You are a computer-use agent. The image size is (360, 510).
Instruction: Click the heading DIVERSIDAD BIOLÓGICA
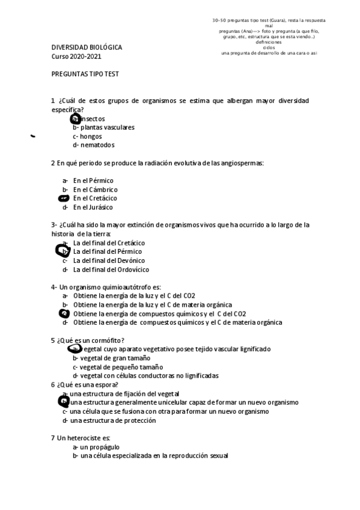click(86, 47)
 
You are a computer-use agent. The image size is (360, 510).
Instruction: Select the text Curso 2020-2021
click(76, 56)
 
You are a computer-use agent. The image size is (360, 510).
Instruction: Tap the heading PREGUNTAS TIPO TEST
click(85, 73)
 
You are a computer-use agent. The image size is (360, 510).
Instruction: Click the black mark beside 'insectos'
click(75, 119)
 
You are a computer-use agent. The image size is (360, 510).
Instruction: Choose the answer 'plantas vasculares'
click(103, 127)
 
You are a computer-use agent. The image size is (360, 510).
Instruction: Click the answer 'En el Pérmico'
click(93, 180)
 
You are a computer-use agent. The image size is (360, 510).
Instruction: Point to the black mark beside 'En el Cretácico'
click(64, 198)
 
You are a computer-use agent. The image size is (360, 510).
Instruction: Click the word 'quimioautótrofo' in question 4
click(120, 287)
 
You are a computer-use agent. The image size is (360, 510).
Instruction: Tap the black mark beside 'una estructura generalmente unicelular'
click(63, 401)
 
